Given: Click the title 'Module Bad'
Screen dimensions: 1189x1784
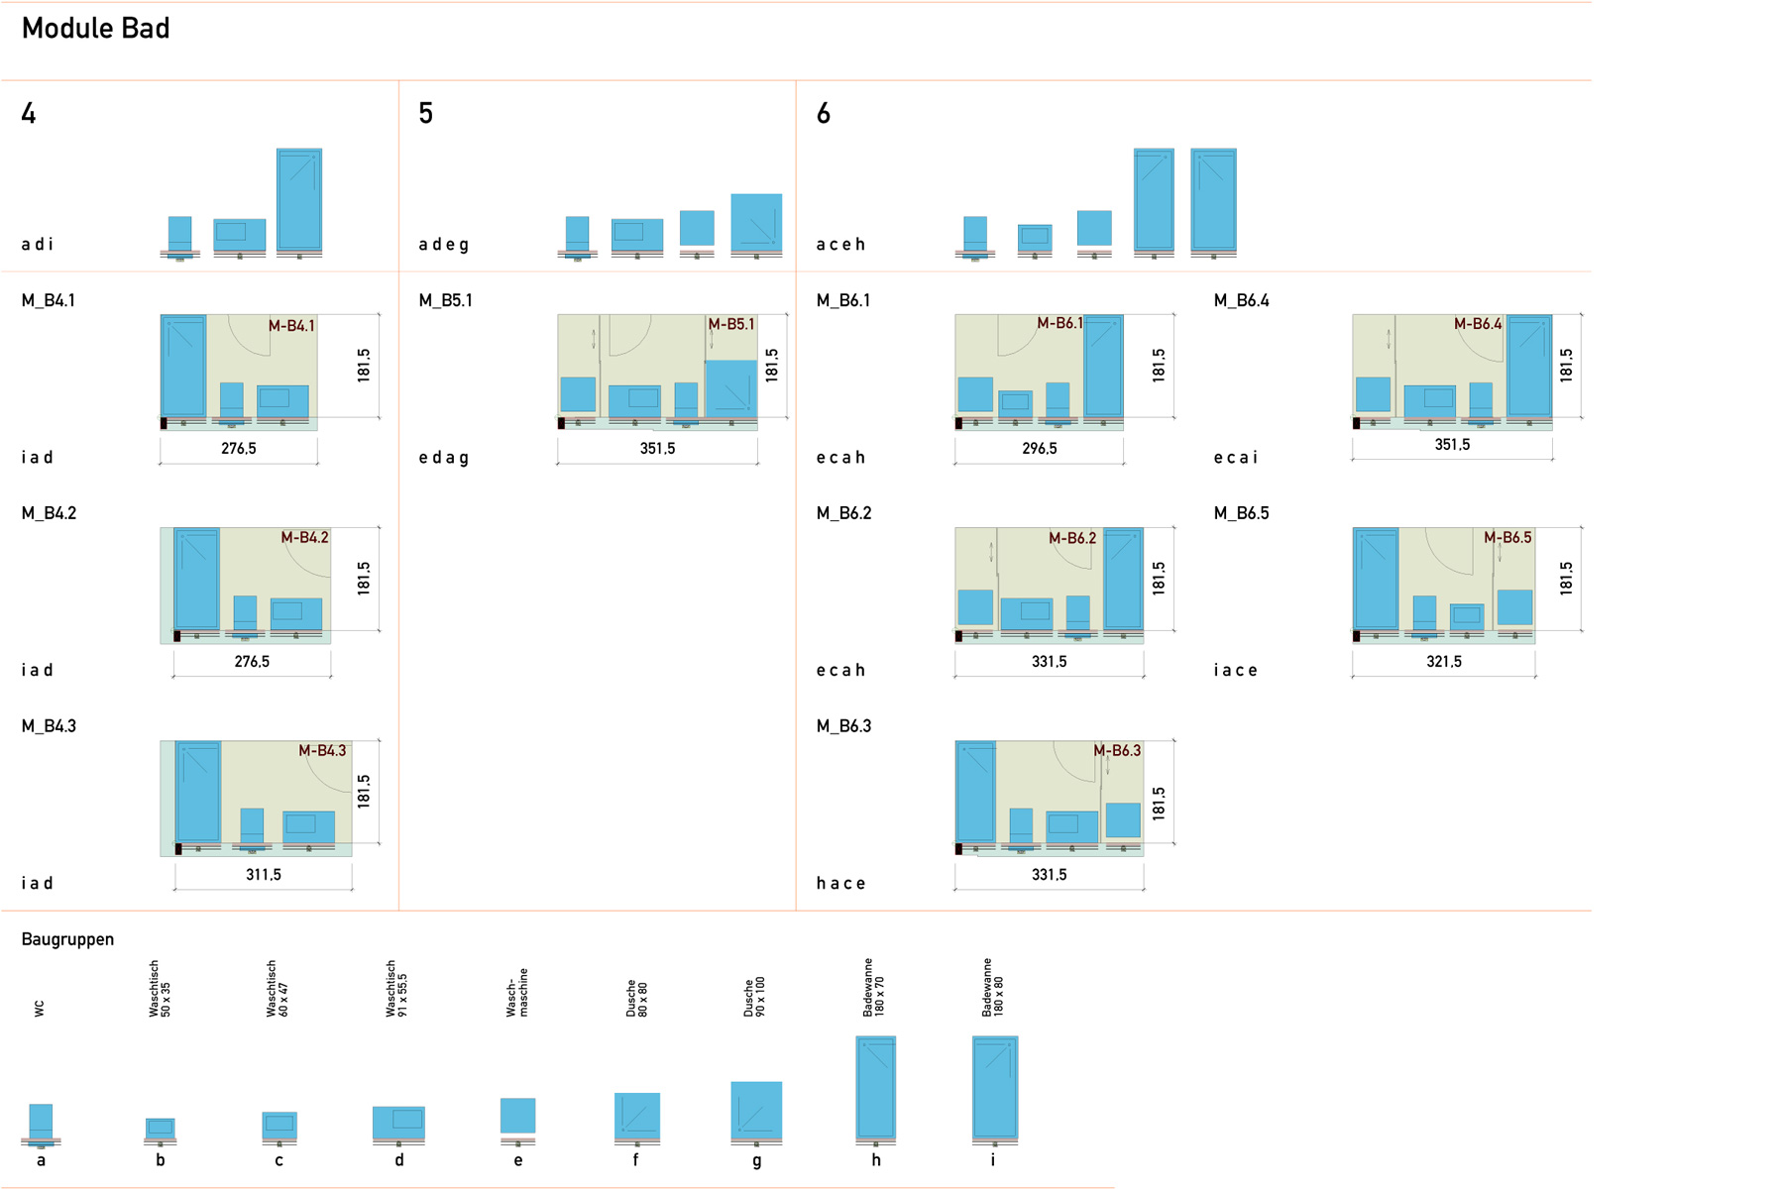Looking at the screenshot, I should tap(95, 29).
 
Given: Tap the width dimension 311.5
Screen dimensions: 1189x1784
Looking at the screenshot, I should tap(264, 875).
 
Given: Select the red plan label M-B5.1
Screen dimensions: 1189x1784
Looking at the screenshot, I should tap(731, 324).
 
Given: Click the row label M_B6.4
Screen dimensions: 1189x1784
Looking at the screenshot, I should tap(1241, 300).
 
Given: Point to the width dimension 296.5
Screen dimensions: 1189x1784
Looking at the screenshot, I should tap(1039, 449).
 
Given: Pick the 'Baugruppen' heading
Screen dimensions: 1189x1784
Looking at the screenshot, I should tap(67, 939).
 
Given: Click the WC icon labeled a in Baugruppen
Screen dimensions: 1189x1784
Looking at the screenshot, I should tap(41, 1124).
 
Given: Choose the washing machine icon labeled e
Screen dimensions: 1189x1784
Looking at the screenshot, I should tap(517, 1117).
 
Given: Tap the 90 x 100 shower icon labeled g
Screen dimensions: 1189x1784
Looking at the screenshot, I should tap(756, 1111).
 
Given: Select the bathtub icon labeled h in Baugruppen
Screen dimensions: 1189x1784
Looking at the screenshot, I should tap(876, 1088).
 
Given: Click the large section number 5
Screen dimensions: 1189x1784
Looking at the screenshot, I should tap(426, 114).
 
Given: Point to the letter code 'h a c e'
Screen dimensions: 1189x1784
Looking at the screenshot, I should tap(840, 883).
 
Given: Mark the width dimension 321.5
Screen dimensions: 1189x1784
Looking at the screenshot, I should tap(1443, 662).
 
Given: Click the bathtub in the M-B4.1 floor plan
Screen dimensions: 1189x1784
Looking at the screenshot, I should tap(183, 366).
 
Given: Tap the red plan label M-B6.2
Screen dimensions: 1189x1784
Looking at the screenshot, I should tap(1072, 538).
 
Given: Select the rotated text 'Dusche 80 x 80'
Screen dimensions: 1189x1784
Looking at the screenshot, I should tap(636, 999).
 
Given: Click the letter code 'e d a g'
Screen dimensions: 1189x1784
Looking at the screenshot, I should tap(443, 458).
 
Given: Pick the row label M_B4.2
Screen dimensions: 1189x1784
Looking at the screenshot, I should tap(49, 513).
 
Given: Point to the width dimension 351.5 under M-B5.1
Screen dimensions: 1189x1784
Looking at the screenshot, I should tap(657, 449).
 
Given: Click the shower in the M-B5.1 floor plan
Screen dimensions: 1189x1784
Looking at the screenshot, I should tap(731, 388).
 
